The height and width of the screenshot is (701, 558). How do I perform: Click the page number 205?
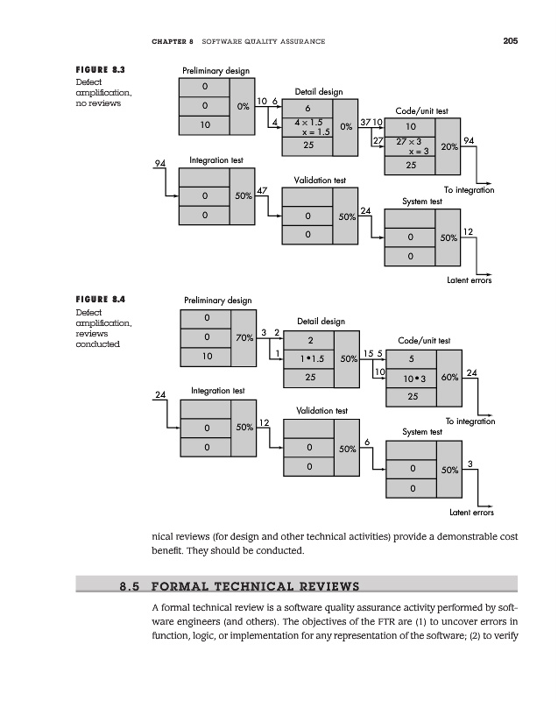pos(510,40)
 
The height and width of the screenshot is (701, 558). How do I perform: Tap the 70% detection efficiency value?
pos(245,337)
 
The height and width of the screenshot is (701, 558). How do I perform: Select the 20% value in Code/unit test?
pos(449,147)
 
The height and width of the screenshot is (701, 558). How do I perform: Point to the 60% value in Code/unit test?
pos(449,379)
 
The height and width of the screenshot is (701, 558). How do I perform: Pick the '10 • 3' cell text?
pos(410,379)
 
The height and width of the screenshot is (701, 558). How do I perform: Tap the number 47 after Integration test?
pos(262,191)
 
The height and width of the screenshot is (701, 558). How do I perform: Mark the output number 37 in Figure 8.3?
pos(364,121)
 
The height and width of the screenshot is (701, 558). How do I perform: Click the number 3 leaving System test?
pos(470,464)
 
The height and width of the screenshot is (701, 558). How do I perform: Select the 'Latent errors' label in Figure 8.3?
pos(470,280)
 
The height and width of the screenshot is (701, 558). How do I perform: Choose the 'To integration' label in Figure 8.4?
pos(470,421)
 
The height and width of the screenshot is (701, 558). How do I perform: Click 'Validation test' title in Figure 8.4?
pos(321,410)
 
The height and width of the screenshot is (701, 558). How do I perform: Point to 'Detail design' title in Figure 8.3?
pos(318,91)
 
